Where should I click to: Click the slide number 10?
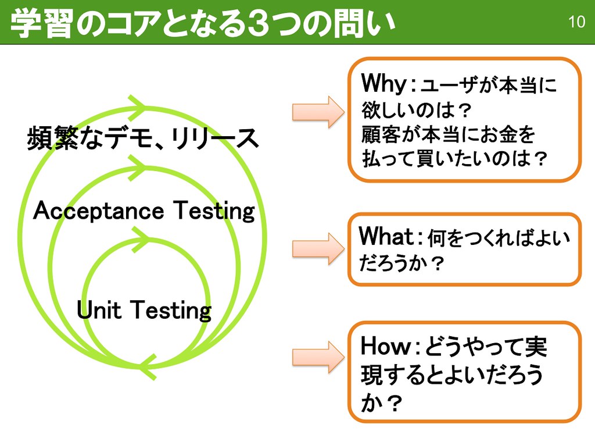click(576, 23)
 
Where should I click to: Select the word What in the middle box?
click(386, 237)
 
